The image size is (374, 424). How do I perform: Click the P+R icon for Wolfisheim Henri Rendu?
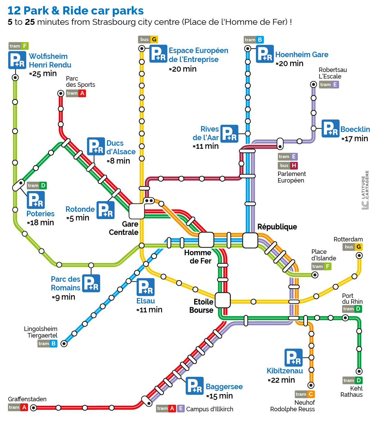17,60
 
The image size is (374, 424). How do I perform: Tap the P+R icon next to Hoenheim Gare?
265,54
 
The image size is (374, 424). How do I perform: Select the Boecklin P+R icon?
331,128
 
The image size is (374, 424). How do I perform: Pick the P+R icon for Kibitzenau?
294,358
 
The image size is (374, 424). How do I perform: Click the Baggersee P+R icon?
195,386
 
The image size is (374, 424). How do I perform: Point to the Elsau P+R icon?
146,287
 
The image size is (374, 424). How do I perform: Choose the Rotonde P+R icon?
106,210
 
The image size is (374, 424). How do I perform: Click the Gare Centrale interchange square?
137,211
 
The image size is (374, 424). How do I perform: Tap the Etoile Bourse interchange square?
223,300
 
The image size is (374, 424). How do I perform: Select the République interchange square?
250,240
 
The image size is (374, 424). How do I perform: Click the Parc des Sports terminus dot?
61,93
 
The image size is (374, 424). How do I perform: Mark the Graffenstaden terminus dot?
33,408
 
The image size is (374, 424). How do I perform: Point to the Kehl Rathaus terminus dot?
359,371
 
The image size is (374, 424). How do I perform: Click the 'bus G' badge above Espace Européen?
148,39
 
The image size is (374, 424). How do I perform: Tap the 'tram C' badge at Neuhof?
305,394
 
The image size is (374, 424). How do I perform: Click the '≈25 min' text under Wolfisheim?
43,73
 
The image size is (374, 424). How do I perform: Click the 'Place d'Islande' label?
323,255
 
